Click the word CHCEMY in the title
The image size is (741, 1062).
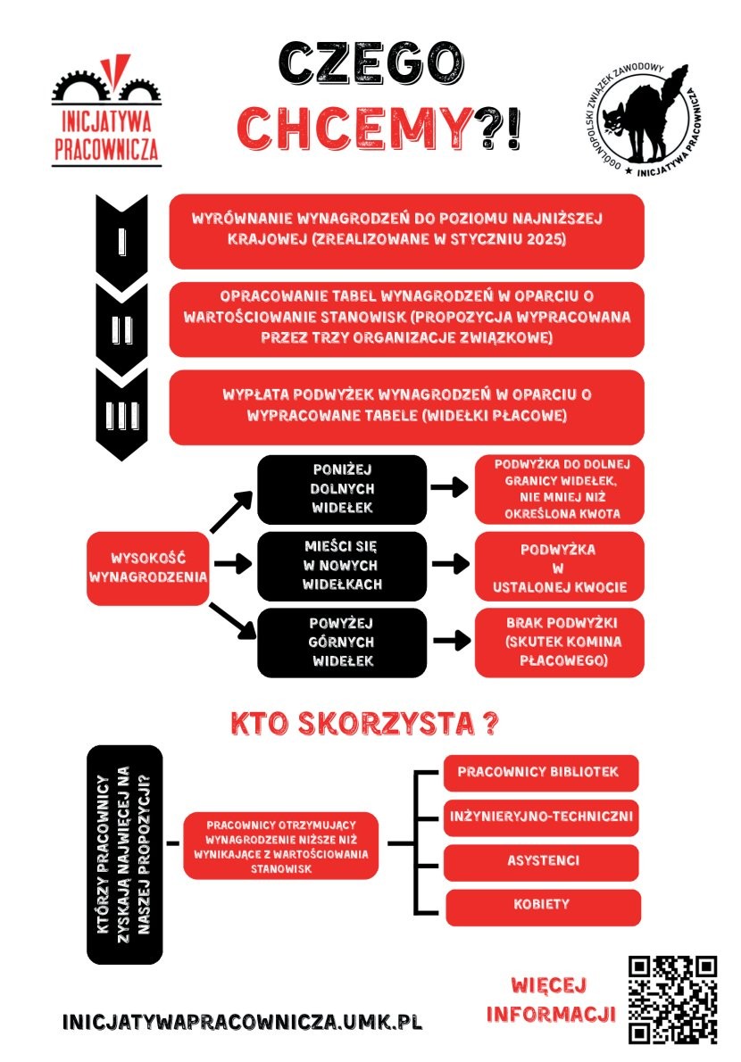(x=354, y=129)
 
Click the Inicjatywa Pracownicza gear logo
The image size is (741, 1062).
(x=106, y=112)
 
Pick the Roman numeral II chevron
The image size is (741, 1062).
(x=121, y=328)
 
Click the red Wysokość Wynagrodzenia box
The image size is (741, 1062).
(x=148, y=568)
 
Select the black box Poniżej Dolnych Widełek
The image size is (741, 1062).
(x=329, y=488)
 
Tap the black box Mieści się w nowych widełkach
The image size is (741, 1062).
(x=329, y=566)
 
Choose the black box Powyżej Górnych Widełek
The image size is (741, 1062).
(x=329, y=642)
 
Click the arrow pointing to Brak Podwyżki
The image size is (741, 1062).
(x=449, y=640)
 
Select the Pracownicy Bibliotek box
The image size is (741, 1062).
(x=542, y=772)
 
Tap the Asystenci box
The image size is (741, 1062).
(x=542, y=861)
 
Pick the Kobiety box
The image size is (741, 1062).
(x=542, y=905)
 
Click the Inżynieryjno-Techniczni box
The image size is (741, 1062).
(x=542, y=817)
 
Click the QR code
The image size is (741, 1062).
(x=672, y=1000)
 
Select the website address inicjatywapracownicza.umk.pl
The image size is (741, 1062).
(x=242, y=1022)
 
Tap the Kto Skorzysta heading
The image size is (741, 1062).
(x=364, y=724)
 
